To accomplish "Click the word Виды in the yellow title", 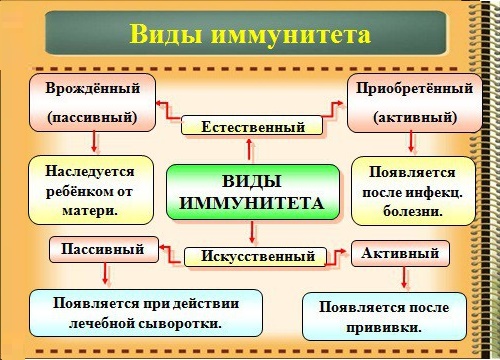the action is [x=165, y=35].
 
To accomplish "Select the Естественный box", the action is [x=252, y=127].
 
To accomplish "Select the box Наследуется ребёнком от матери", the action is [x=91, y=189].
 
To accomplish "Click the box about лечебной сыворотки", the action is [x=146, y=313].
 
